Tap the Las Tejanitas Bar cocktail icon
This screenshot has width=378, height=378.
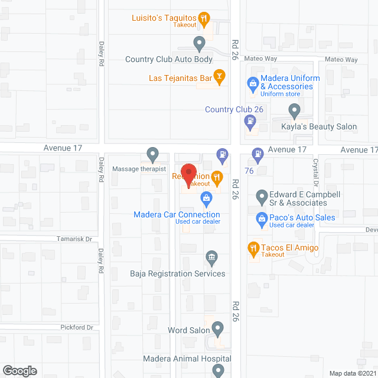coord(219,76)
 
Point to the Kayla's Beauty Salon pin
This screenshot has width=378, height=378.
coord(294,109)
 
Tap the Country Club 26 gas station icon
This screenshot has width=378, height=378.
coord(250,122)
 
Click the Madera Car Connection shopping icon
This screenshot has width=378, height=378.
coord(206,197)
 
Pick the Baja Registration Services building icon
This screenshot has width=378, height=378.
coord(211,257)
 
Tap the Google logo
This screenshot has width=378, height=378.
coord(19,370)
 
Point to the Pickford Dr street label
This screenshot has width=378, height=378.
coord(77,327)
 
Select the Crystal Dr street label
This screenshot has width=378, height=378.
coord(315,169)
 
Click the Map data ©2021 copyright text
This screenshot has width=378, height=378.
coord(351,373)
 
